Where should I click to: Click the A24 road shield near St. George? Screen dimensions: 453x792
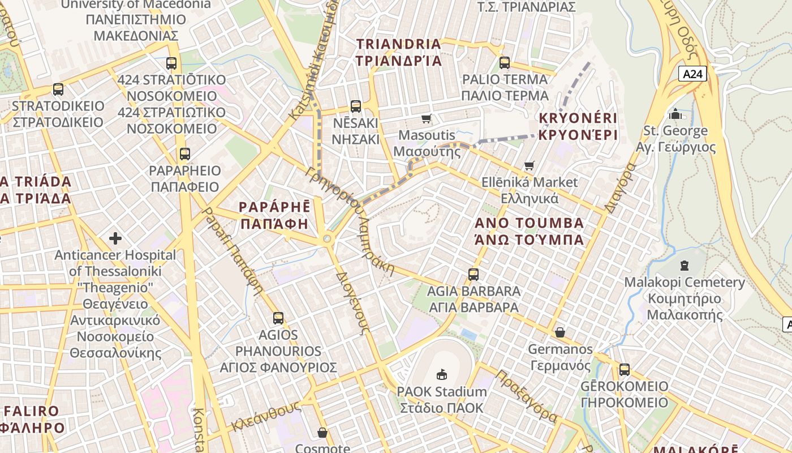[693, 74]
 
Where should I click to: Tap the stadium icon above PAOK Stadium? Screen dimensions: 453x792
[441, 374]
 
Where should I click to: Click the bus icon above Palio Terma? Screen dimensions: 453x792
[505, 62]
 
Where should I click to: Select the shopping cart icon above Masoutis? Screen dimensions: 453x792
[426, 118]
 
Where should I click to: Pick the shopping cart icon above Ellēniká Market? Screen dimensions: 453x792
[529, 165]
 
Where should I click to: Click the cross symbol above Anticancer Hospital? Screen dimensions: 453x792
[115, 238]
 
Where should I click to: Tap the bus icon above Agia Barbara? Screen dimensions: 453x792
[474, 275]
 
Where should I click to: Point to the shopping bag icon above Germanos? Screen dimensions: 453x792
[559, 332]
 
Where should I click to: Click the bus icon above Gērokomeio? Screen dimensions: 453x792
[624, 370]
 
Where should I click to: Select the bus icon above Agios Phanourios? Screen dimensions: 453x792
[278, 318]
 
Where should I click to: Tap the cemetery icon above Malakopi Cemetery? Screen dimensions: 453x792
[685, 265]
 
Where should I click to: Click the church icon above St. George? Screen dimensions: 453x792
[675, 114]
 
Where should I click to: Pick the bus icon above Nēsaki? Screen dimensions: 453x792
[355, 106]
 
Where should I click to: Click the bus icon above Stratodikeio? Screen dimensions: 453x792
[58, 89]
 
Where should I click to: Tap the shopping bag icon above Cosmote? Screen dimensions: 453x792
[322, 433]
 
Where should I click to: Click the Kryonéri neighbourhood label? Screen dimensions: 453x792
[578, 127]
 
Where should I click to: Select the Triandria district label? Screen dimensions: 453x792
[398, 52]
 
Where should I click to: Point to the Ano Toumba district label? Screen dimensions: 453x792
[530, 230]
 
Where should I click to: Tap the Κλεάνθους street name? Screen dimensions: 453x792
[265, 417]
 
